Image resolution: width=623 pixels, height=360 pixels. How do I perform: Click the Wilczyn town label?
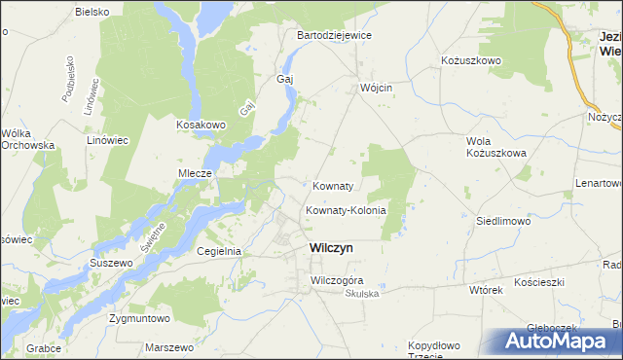click(x=331, y=248)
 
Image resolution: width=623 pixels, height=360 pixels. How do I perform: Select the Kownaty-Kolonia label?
click(x=347, y=210)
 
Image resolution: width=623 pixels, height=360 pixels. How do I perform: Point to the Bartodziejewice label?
click(x=334, y=35)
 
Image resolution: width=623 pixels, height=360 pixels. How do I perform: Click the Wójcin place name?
click(x=376, y=87)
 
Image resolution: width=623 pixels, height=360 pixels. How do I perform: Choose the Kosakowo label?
click(x=201, y=126)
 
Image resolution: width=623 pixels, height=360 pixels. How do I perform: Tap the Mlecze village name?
click(x=195, y=173)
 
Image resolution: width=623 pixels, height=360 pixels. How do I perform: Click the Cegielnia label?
click(x=219, y=251)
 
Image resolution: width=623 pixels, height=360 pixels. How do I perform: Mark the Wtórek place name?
click(x=485, y=290)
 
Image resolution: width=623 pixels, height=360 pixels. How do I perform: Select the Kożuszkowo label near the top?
click(x=471, y=60)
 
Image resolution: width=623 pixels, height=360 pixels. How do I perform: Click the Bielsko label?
click(x=92, y=12)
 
